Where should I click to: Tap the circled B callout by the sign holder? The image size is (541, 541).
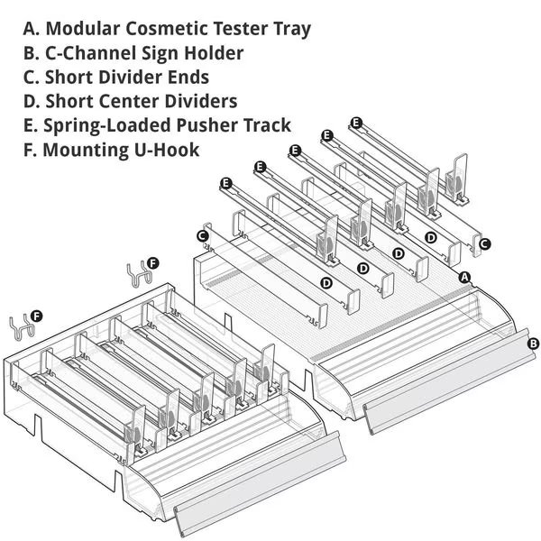[533, 343]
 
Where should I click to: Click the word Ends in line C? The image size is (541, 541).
[187, 77]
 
